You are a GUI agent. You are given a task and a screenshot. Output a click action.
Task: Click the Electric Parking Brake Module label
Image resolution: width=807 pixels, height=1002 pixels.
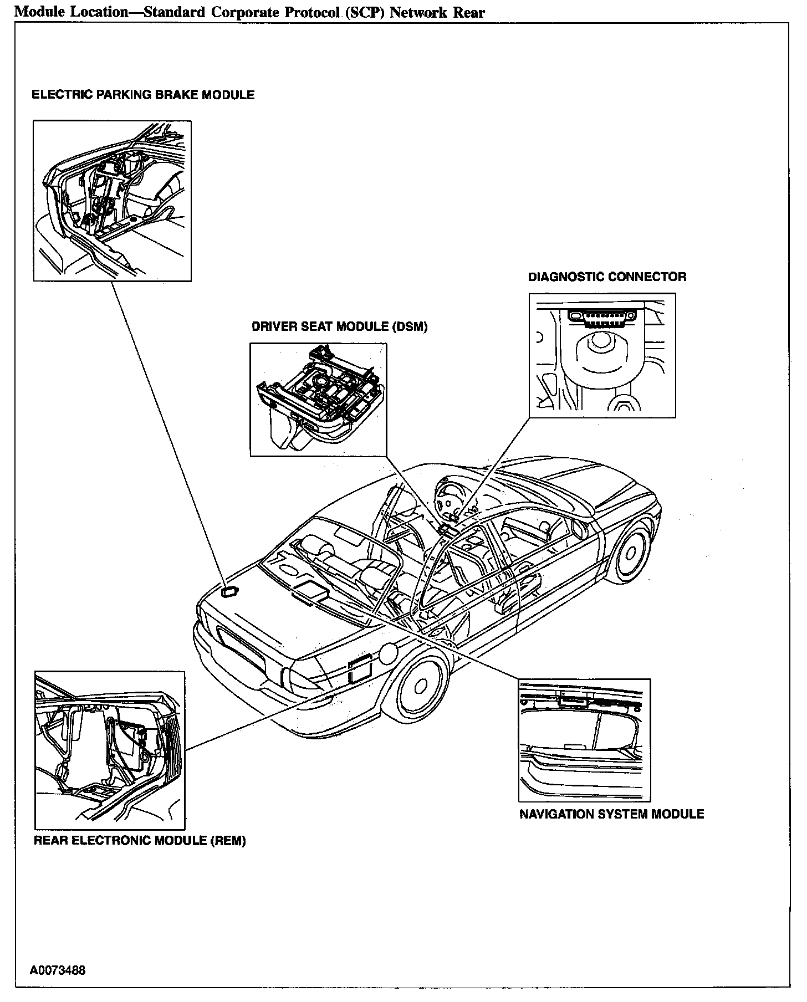pos(143,95)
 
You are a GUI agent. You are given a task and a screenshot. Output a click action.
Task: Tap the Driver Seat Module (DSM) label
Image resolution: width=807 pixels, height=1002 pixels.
pos(339,326)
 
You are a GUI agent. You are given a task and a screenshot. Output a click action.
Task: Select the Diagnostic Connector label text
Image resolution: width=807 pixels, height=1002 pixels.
pos(607,277)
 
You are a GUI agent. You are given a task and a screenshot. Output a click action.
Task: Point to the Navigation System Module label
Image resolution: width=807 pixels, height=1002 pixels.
pos(611,814)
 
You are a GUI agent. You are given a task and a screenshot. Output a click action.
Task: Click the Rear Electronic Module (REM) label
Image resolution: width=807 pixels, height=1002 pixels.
pos(140,841)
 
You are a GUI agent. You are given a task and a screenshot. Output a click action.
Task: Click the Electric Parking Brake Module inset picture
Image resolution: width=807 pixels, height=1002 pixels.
pos(112,201)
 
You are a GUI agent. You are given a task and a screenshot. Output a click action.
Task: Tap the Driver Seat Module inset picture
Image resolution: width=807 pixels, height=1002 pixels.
pos(318,400)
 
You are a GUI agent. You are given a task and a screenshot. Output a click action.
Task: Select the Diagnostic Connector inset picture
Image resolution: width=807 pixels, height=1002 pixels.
pos(602,355)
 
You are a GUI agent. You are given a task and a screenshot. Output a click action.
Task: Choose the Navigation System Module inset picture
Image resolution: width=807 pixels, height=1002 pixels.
pos(584,740)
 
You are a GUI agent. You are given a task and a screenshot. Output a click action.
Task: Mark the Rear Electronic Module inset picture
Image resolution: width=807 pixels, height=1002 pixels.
pos(110,750)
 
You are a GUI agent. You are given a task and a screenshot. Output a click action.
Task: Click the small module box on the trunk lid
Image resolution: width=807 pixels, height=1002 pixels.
pos(229,591)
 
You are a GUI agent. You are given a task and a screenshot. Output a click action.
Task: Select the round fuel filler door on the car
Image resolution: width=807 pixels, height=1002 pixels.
pos(387,653)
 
